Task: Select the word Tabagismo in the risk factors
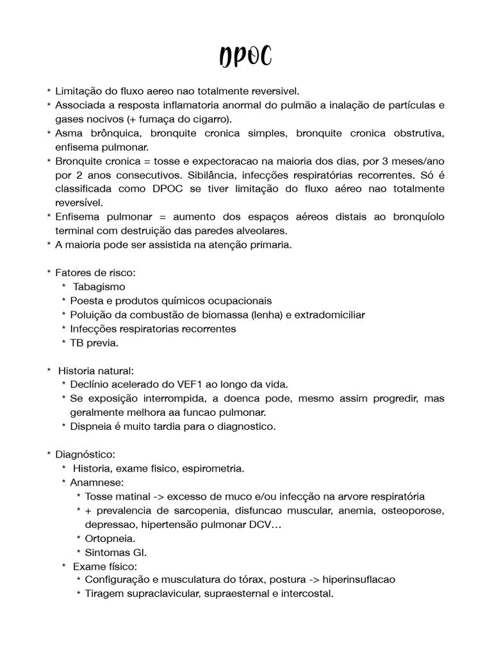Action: click(99, 287)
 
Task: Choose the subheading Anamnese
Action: click(98, 482)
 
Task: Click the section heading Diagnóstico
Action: click(85, 454)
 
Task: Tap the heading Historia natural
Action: click(96, 371)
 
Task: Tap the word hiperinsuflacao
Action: click(359, 580)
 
